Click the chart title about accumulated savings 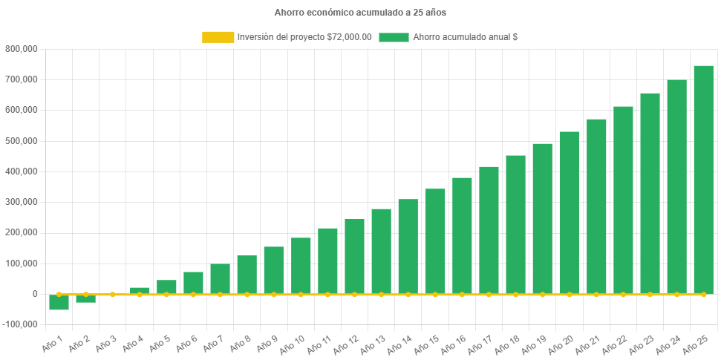tap(360, 13)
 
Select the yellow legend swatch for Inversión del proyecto tap(218, 37)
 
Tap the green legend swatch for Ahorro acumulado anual tap(394, 37)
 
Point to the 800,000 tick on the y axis tap(22, 49)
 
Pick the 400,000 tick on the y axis tap(22, 171)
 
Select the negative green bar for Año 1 tap(59, 302)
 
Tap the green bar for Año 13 tap(381, 251)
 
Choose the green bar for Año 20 tap(570, 212)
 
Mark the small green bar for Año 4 tap(140, 290)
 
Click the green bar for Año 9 tap(274, 270)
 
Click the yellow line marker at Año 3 tap(113, 295)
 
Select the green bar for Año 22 tap(623, 200)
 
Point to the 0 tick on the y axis tap(34, 294)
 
